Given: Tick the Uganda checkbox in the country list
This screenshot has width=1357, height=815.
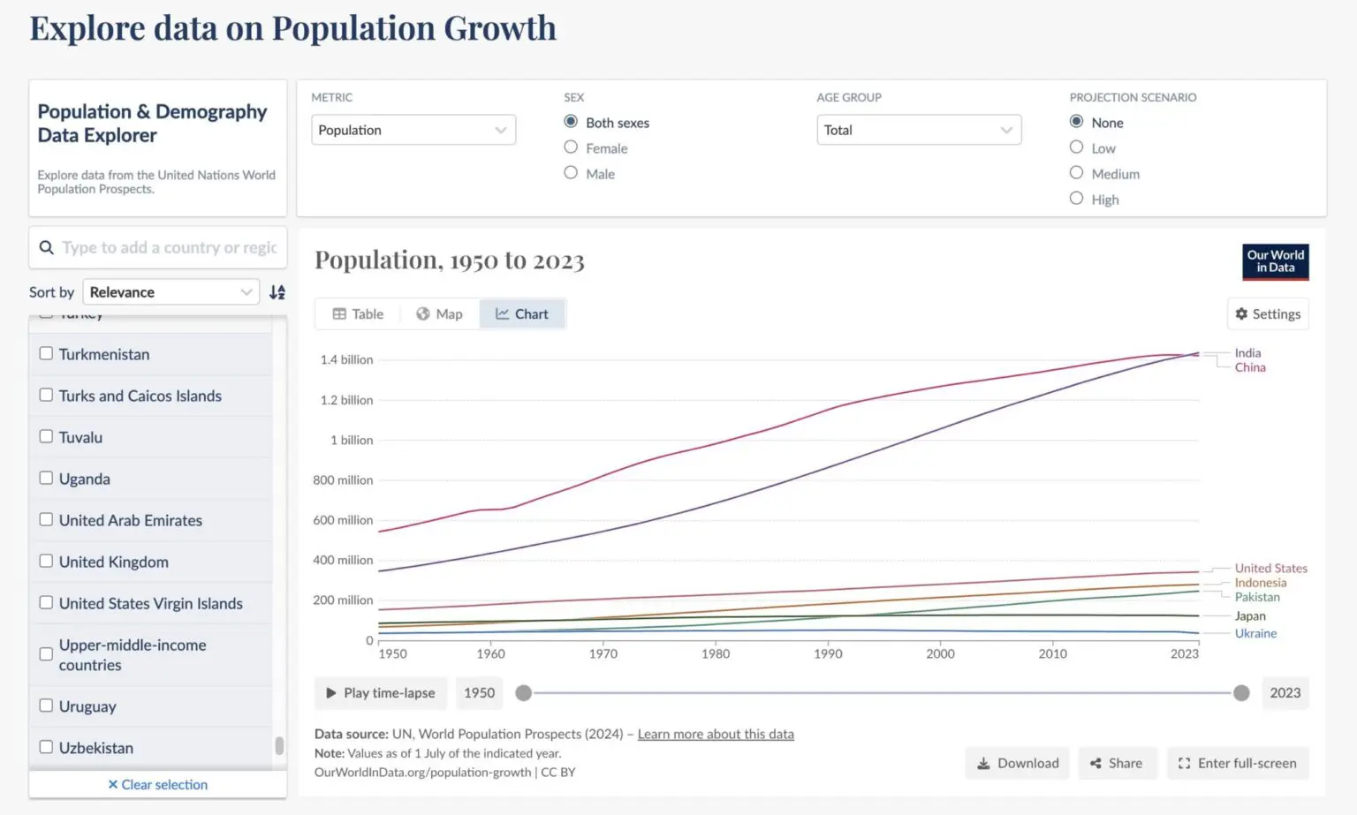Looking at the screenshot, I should tap(46, 479).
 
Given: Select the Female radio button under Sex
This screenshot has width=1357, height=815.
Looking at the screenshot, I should tap(571, 147).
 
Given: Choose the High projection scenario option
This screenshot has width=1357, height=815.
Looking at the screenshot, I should tap(1076, 199).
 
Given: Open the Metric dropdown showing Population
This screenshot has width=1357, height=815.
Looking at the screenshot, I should tap(413, 130).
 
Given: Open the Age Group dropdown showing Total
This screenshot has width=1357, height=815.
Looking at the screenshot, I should tap(918, 130).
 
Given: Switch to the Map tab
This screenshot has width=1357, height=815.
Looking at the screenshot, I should tap(439, 314).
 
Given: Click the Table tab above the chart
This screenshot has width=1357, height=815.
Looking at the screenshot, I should tap(358, 314).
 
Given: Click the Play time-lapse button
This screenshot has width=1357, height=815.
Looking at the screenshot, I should tap(381, 693).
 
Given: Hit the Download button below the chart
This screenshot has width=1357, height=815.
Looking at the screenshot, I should tap(1017, 763).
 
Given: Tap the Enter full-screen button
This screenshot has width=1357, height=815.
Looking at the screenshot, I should tap(1237, 763).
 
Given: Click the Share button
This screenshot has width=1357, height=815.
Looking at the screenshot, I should tap(1116, 763).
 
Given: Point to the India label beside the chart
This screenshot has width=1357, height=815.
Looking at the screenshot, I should tap(1247, 353).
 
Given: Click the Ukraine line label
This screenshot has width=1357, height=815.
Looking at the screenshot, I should tap(1255, 633).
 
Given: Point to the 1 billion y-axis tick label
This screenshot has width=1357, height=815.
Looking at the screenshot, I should tap(352, 440).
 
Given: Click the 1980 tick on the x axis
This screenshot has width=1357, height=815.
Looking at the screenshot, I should tap(716, 653).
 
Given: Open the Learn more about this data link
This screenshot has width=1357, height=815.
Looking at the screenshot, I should tap(716, 734).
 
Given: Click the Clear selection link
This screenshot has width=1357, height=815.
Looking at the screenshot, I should tap(158, 784).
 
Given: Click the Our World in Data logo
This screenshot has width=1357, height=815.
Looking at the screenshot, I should tap(1275, 261).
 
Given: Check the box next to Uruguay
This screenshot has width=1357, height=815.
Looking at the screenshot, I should tap(46, 706).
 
